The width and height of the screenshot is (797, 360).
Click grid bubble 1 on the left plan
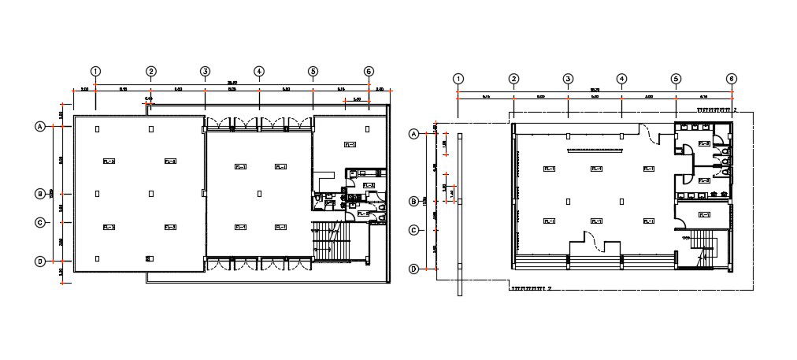95,71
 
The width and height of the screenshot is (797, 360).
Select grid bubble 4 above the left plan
258,71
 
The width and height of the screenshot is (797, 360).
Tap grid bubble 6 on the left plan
369,71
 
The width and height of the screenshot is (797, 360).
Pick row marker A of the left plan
39,126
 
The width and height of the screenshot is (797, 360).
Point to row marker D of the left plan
39,262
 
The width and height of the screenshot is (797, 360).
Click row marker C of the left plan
39,222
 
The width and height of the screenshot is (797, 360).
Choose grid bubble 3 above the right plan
567,79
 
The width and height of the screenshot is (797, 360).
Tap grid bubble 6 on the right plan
732,79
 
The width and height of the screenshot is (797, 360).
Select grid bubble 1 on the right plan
458,79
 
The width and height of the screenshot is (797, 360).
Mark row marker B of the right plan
413,202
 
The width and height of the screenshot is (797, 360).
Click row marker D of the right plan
413,269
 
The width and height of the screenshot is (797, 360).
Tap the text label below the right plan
530,289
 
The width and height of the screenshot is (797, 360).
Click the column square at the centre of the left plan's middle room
259,193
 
